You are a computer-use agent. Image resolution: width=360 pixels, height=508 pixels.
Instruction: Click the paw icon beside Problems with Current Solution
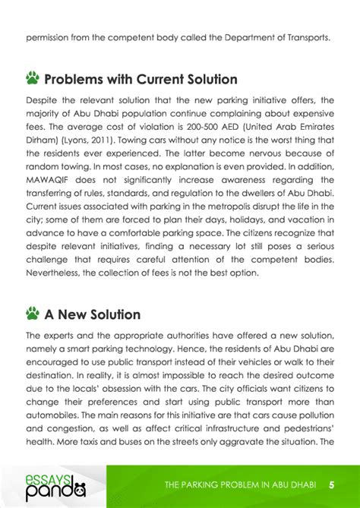click(33, 78)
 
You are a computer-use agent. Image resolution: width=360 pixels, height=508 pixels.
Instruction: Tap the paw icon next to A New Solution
click(33, 313)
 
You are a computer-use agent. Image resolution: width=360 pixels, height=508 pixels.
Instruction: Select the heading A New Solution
click(93, 314)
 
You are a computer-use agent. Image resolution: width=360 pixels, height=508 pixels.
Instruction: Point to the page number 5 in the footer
click(332, 484)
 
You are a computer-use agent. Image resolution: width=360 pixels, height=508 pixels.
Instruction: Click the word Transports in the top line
click(305, 36)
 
